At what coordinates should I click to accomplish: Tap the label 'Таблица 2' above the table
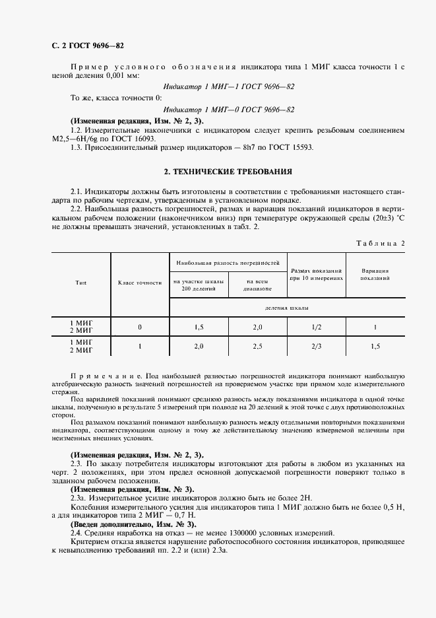381,243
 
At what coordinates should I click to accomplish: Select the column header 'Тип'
80,283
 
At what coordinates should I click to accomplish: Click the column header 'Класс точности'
140,283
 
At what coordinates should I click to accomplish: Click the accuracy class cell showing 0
140,327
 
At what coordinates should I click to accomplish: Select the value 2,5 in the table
258,346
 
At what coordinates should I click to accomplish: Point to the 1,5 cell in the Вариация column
375,346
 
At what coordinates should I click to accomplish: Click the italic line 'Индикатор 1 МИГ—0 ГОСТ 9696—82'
228,110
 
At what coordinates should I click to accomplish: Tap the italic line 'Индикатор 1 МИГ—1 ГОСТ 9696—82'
228,86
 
